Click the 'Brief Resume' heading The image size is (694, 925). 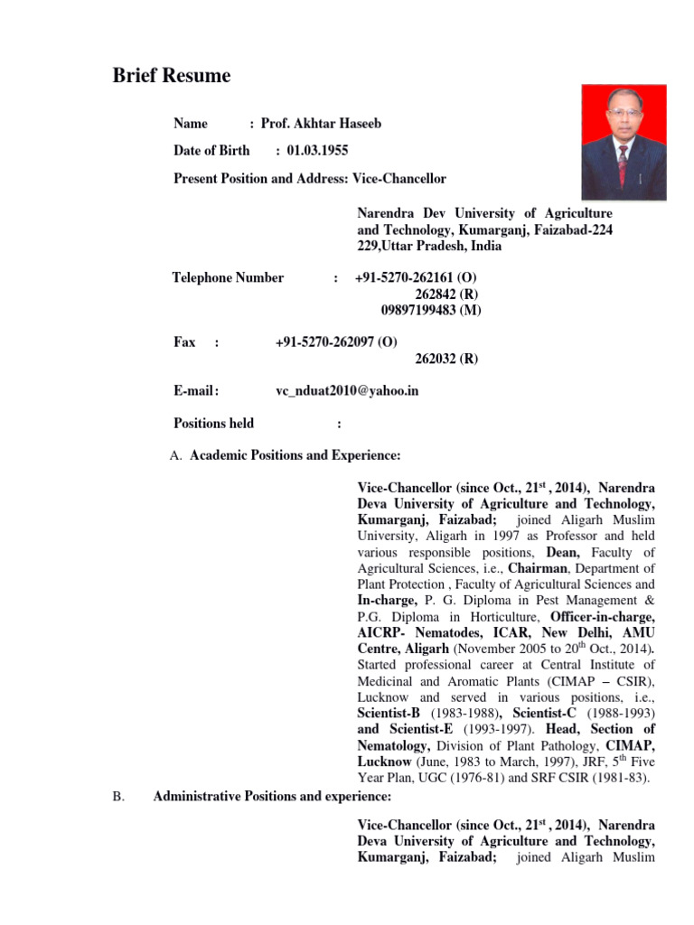point(172,76)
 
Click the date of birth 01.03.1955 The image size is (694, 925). point(317,151)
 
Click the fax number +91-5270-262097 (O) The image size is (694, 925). point(336,342)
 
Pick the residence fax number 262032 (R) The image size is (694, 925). point(446,359)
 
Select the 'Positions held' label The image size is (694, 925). point(213,423)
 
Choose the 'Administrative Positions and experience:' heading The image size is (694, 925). point(272,797)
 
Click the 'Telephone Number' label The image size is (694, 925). point(228,278)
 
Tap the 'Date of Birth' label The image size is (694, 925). point(211,151)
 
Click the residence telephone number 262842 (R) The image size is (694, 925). point(446,294)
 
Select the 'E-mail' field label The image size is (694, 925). point(195,391)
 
